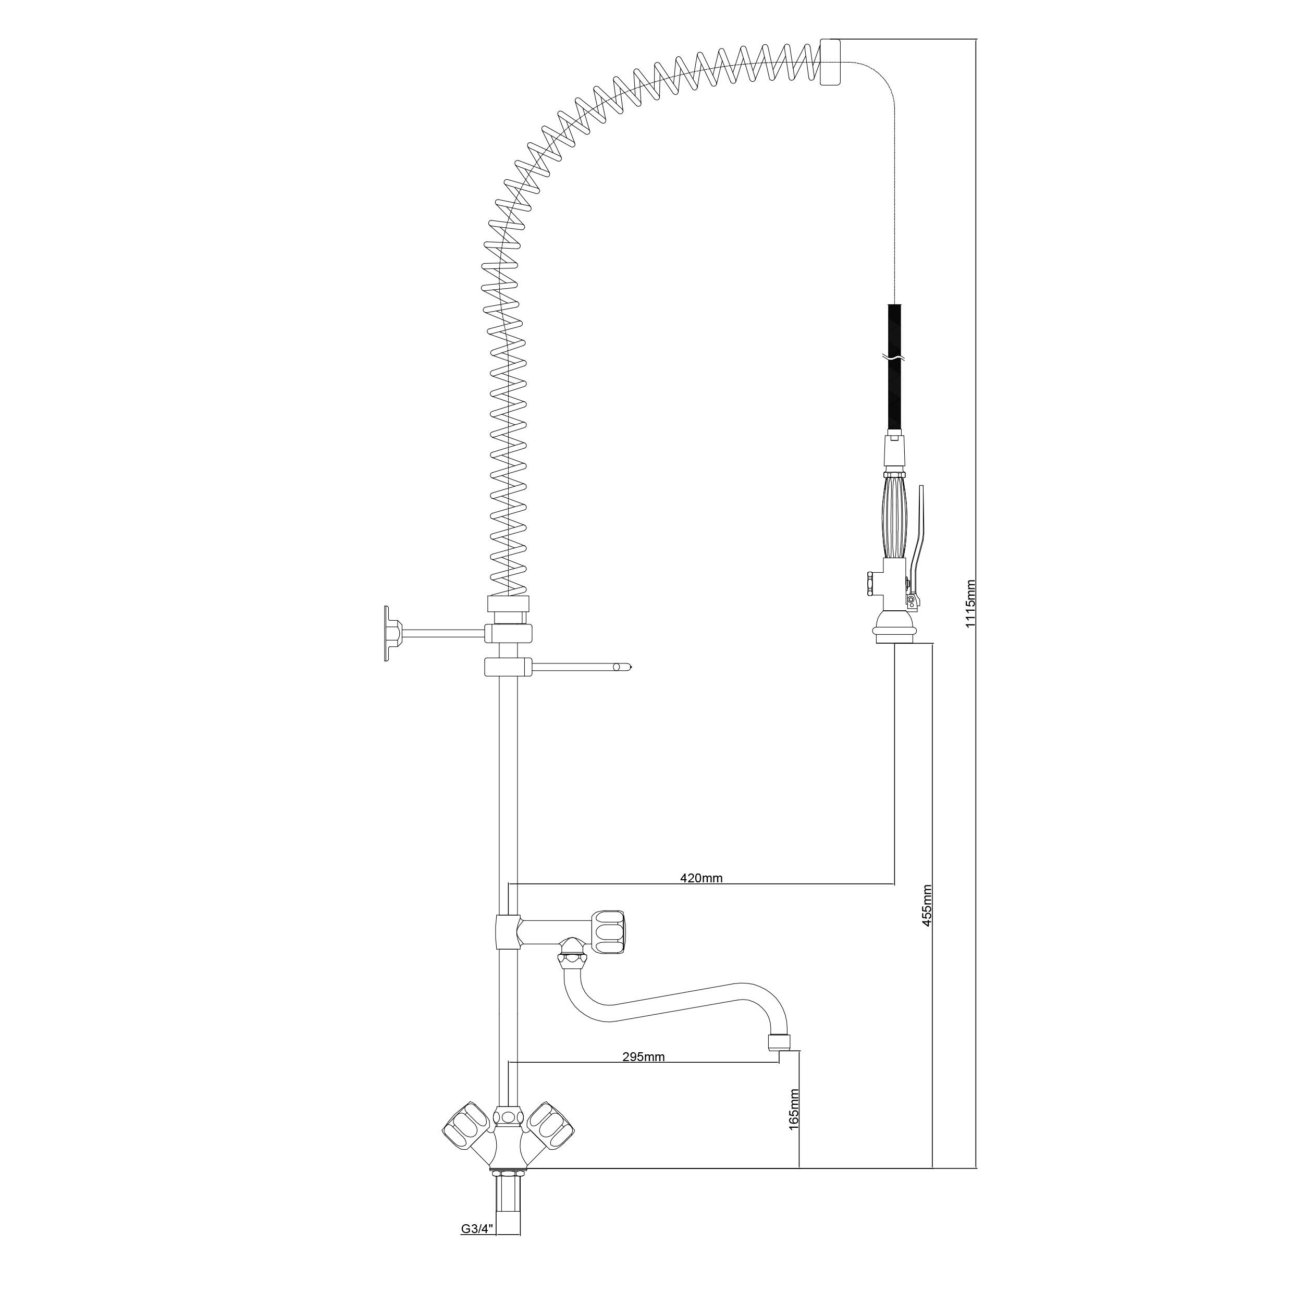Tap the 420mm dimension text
[702, 878]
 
